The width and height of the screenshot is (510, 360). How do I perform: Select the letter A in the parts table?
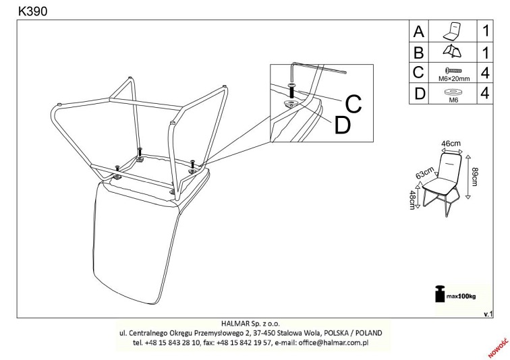click(x=419, y=32)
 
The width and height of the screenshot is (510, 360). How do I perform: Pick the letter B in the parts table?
click(x=419, y=52)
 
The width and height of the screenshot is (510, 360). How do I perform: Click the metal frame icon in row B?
click(x=452, y=51)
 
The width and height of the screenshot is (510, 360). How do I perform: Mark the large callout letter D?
click(x=343, y=125)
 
